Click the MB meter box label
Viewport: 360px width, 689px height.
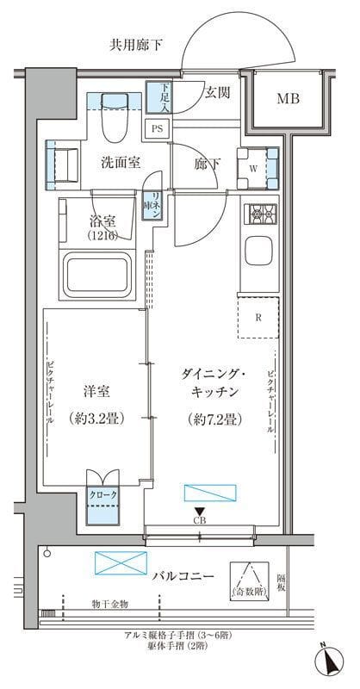click(x=288, y=99)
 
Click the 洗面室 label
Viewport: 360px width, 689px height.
click(x=120, y=162)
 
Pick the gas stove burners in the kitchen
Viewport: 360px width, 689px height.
click(x=261, y=213)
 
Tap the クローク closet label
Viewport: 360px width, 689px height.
click(x=102, y=496)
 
